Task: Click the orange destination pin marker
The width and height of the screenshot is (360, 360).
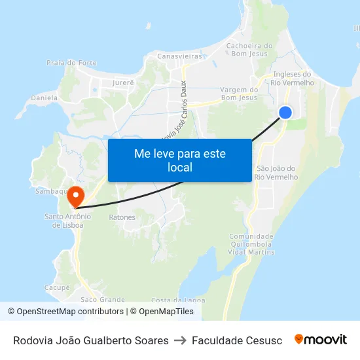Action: [75, 195]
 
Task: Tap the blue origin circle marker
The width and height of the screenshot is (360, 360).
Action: [285, 113]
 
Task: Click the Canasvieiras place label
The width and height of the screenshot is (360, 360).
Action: [179, 56]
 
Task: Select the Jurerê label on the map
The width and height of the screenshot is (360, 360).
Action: [122, 82]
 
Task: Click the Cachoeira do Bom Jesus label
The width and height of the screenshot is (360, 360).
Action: [249, 50]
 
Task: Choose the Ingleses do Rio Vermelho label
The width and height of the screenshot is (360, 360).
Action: [293, 79]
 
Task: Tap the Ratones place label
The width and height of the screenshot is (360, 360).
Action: [122, 217]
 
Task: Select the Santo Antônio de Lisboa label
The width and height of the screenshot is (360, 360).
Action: [67, 221]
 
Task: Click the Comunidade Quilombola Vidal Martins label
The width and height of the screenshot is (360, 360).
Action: [251, 243]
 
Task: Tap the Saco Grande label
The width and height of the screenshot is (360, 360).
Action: [102, 299]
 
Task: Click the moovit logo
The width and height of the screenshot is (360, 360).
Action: [320, 340]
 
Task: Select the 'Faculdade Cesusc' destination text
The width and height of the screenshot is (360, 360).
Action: [237, 340]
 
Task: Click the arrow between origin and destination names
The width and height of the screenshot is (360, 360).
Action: [180, 340]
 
